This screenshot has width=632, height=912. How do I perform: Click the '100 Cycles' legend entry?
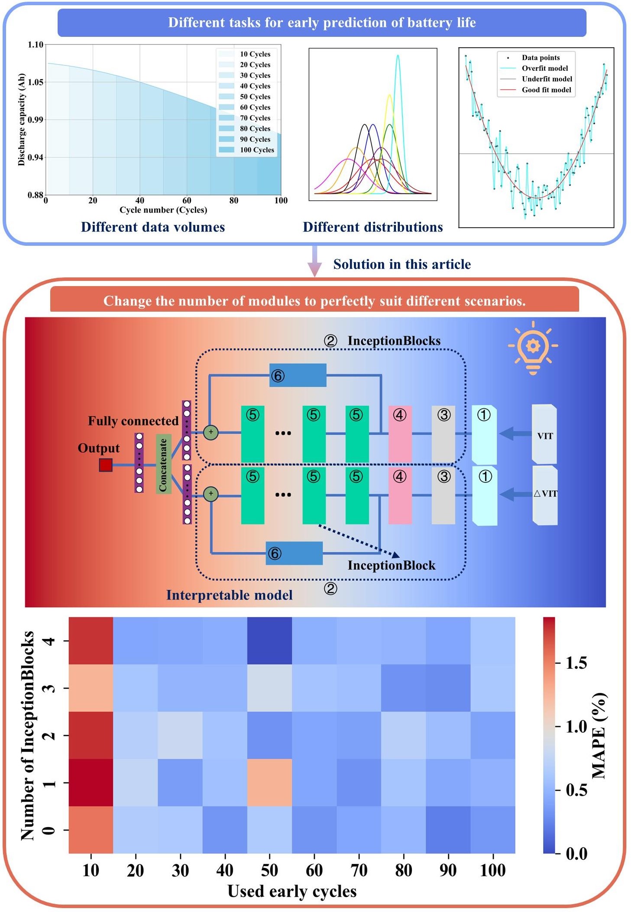[x=257, y=150]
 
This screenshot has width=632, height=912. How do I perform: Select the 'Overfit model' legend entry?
[x=544, y=68]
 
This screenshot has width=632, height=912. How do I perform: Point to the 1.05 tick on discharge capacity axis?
[x=36, y=82]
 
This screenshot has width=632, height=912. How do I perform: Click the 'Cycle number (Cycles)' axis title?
[x=163, y=210]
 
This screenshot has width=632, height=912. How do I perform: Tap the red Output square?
[x=106, y=465]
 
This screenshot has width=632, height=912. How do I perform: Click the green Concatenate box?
[x=163, y=464]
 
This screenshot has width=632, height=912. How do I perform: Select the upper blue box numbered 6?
[x=298, y=375]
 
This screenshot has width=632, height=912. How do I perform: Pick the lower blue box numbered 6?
[x=294, y=553]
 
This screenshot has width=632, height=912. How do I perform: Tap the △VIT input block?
[x=545, y=495]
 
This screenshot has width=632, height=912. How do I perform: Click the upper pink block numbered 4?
[x=400, y=433]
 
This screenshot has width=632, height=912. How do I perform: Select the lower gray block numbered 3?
[x=443, y=495]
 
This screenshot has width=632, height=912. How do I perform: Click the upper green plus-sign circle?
[x=211, y=432]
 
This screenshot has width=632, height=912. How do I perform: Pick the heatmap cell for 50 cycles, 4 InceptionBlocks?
[x=269, y=641]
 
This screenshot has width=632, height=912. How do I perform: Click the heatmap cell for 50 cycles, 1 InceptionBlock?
[x=269, y=782]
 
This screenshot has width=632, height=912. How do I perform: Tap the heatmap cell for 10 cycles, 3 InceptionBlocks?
[x=91, y=688]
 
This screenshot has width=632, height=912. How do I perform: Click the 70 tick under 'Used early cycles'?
[x=359, y=870]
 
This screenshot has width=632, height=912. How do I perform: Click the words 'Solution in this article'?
[x=402, y=264]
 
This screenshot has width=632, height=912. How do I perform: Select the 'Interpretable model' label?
[x=229, y=595]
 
